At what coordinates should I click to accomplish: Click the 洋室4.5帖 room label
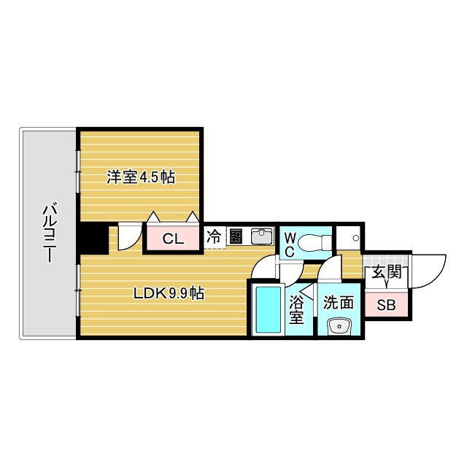coord(141,177)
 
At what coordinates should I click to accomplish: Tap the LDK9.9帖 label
coord(168,294)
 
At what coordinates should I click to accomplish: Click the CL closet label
coord(172,239)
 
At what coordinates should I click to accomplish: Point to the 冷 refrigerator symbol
coord(215,237)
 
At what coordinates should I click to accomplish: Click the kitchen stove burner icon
coord(236,237)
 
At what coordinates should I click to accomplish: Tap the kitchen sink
coord(260,237)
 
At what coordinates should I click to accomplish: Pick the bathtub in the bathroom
coord(268,310)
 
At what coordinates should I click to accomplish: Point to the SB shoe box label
coord(386,305)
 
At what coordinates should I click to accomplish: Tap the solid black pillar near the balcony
coord(93,238)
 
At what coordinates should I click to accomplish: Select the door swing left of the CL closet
coord(128,238)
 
